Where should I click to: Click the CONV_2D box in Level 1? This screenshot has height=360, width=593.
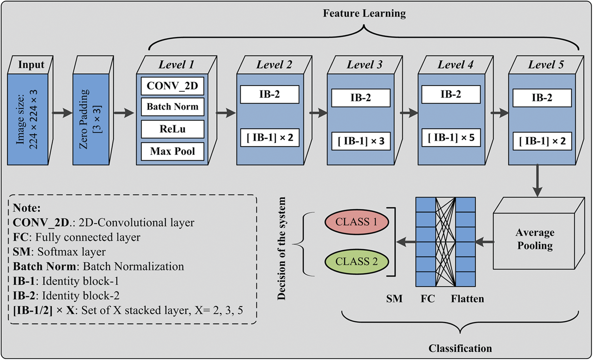click(172, 86)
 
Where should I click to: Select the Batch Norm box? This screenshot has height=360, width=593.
click(172, 107)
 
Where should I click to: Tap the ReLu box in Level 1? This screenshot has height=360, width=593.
click(172, 129)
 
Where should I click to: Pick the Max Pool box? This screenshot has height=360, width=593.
click(172, 151)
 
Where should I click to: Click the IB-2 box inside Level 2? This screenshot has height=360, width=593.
click(270, 94)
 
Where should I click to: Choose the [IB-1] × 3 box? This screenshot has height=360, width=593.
click(361, 141)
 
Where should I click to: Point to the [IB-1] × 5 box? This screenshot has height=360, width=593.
click(451, 137)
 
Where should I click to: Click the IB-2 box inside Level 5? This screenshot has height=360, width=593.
click(542, 98)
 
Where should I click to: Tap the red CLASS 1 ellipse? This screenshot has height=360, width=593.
click(356, 222)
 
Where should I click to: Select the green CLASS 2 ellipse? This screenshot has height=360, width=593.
click(356, 262)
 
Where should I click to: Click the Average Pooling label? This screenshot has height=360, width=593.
click(535, 239)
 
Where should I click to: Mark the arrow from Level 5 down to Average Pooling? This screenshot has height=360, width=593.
click(537, 181)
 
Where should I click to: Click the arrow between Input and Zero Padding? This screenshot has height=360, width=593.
click(62, 113)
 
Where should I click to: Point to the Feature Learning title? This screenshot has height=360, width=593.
click(364, 14)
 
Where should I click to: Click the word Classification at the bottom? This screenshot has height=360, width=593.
click(460, 348)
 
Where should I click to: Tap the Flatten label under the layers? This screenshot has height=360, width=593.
click(467, 299)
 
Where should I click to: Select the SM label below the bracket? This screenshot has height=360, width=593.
click(394, 299)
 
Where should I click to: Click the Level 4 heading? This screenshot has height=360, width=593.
click(455, 65)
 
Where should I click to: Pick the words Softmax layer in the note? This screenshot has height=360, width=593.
click(72, 252)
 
